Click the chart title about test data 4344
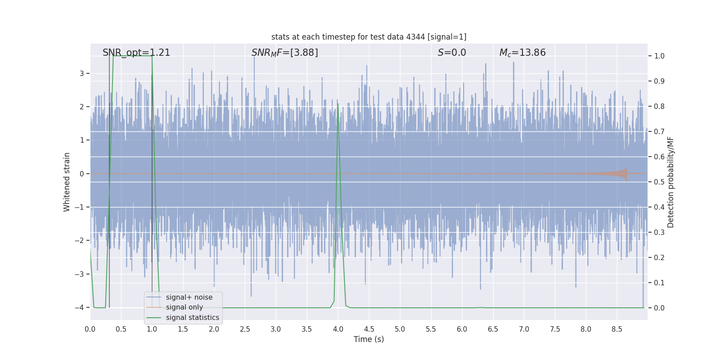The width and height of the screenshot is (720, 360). click(x=369, y=37)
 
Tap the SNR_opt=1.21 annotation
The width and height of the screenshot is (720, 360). click(x=136, y=53)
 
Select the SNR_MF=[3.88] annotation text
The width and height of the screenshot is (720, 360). click(x=284, y=53)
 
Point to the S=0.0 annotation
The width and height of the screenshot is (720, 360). click(x=452, y=53)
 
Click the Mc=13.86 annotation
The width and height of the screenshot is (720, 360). click(x=522, y=53)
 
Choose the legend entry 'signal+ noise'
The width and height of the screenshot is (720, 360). click(x=189, y=297)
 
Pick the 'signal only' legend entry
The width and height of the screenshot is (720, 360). click(x=184, y=307)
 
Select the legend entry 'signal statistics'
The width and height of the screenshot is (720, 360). click(x=192, y=318)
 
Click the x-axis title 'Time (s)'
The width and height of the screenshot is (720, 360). click(x=369, y=339)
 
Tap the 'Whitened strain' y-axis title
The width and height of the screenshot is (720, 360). click(x=67, y=182)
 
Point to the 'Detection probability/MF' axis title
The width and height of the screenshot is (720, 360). click(x=670, y=182)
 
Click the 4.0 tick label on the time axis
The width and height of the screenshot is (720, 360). click(x=338, y=329)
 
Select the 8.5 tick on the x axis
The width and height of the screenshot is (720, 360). click(x=617, y=329)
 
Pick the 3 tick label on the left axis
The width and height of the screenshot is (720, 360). click(x=82, y=73)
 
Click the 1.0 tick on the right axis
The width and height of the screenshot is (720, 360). click(x=659, y=56)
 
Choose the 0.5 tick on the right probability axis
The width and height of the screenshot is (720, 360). click(x=659, y=182)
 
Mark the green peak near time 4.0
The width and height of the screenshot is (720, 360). click(x=338, y=104)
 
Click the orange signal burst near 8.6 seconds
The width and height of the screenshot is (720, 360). click(x=624, y=174)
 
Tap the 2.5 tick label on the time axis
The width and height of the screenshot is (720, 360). click(x=245, y=329)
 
